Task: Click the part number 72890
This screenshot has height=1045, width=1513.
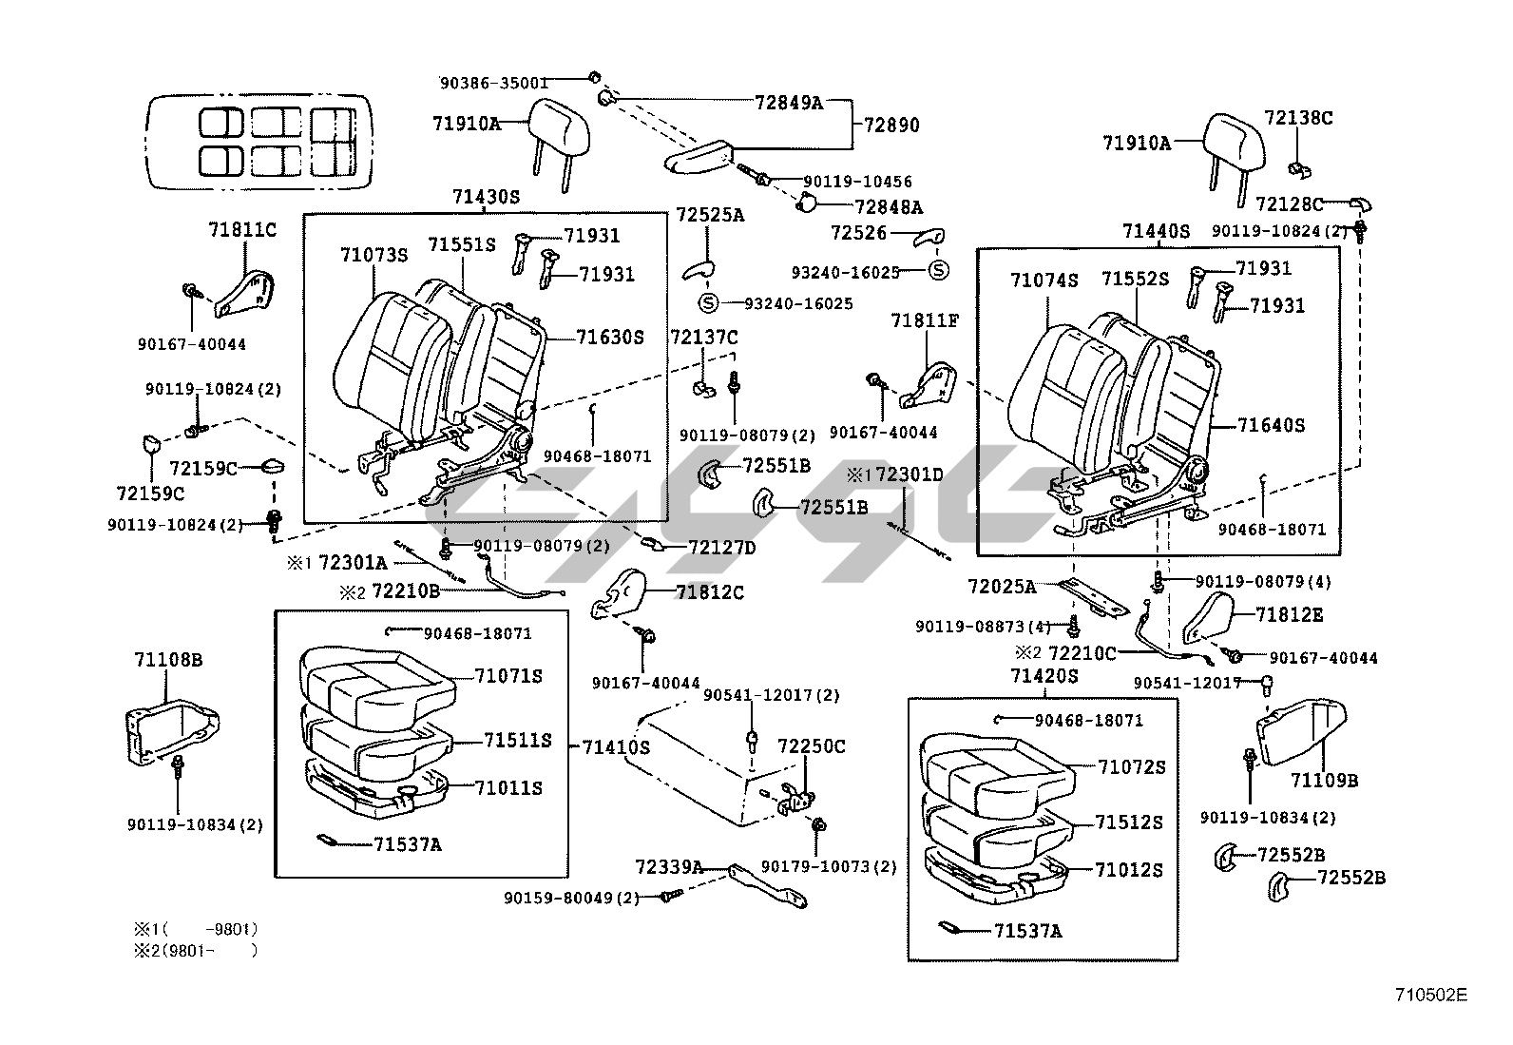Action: pyautogui.click(x=891, y=126)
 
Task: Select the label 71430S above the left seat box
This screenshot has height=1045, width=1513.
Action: pyautogui.click(x=486, y=198)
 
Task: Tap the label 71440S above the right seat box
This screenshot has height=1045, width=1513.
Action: pyautogui.click(x=1156, y=231)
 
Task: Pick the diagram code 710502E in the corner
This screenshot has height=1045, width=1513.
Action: pyautogui.click(x=1430, y=995)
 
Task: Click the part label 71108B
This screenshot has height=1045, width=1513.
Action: pyautogui.click(x=167, y=659)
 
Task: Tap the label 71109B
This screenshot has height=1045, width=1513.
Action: pyautogui.click(x=1324, y=781)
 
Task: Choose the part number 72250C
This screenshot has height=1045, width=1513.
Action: pyautogui.click(x=811, y=746)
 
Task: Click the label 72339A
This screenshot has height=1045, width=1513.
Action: pyautogui.click(x=669, y=866)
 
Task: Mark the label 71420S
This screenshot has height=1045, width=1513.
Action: pyautogui.click(x=1044, y=676)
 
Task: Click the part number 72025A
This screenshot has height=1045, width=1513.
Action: pyautogui.click(x=1002, y=587)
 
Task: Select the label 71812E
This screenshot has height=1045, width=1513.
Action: pyautogui.click(x=1289, y=615)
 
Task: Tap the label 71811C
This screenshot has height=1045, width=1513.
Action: pyautogui.click(x=242, y=230)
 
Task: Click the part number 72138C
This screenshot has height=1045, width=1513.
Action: pyautogui.click(x=1298, y=118)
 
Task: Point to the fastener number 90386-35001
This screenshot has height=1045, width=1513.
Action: pyautogui.click(x=493, y=83)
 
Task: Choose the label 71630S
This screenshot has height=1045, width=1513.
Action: pyautogui.click(x=610, y=337)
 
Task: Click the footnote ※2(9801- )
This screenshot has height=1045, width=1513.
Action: pyautogui.click(x=195, y=949)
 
